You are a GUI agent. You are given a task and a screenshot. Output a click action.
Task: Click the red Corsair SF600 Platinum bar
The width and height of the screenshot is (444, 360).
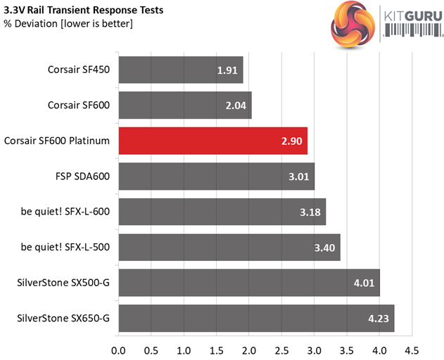coord(213,141)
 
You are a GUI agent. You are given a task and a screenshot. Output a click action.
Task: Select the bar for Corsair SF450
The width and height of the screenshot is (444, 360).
coord(180,70)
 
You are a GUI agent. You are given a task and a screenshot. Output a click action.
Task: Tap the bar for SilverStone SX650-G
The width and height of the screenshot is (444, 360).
coord(256,318)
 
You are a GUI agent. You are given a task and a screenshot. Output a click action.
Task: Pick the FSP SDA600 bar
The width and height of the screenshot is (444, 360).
coord(216,176)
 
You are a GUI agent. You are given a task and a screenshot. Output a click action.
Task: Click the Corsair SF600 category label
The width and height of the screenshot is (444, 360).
coord(79,105)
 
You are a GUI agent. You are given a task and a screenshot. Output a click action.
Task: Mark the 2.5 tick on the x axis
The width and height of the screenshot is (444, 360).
coord(281,349)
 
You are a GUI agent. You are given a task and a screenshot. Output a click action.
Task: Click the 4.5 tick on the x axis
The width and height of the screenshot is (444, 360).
coord(412,349)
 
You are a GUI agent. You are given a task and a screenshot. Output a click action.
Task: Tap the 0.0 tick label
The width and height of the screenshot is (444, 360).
coord(118,349)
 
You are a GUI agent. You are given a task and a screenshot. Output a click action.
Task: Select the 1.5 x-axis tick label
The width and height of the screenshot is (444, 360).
coord(216,349)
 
